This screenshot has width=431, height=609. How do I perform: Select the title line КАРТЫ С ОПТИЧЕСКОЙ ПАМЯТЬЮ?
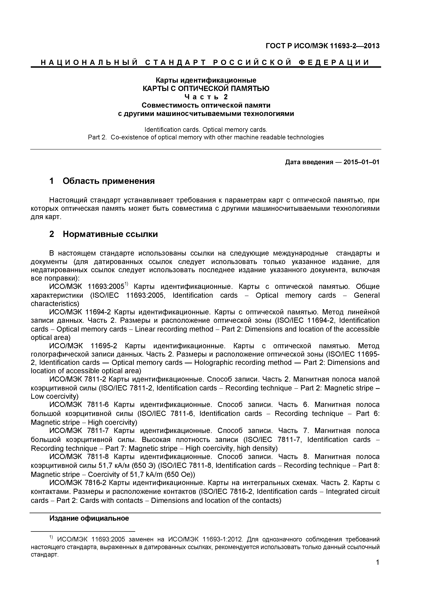tap(206, 89)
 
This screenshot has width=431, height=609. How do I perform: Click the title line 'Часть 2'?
tap(206, 97)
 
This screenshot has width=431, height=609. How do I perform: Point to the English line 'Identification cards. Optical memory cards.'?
tap(206, 130)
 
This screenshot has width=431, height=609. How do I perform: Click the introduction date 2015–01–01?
tap(361, 162)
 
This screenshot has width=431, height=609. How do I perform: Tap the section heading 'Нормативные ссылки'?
tap(110, 234)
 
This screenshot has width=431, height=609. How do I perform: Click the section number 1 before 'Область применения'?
tap(52, 181)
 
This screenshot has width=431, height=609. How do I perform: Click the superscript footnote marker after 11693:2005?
tap(127, 285)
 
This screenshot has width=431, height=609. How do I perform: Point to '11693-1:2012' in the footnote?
tap(222, 540)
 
